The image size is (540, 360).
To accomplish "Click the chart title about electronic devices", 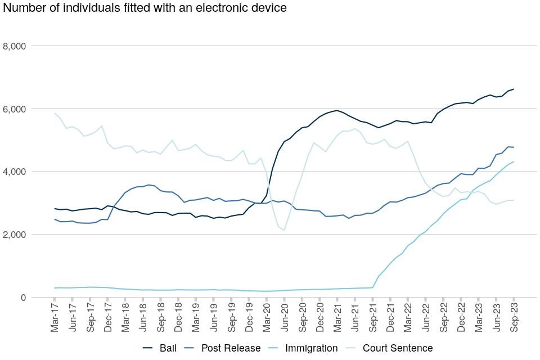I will pos(145,8).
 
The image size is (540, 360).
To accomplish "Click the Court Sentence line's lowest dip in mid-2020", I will pos(285,230).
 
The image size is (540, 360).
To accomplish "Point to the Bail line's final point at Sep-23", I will pos(514,89).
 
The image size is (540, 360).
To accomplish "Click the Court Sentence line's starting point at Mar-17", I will pos(55,113).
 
